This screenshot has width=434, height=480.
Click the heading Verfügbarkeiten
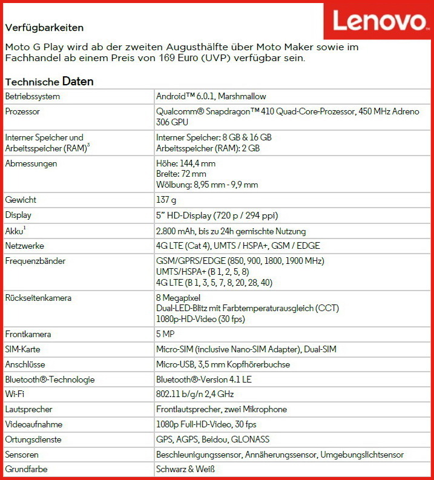point(44,28)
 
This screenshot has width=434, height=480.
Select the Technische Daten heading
point(49,81)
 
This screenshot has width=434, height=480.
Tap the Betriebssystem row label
point(33,96)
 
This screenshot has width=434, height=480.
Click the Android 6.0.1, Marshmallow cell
point(211,96)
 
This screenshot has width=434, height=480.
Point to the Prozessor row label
point(24,111)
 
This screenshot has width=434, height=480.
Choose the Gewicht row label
point(22,200)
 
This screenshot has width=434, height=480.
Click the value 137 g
point(166,200)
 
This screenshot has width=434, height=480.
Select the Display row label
point(18,215)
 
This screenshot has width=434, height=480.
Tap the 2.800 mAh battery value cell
point(231,231)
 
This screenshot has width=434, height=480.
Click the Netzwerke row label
point(25,246)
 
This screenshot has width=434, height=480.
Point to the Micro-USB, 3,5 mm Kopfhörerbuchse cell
point(223,364)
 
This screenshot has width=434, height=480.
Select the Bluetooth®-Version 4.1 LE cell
point(204,380)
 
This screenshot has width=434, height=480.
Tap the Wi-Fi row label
point(15,394)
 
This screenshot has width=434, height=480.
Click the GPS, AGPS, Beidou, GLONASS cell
point(212,439)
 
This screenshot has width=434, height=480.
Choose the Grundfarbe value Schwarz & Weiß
point(185,469)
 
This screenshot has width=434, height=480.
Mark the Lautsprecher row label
point(30,409)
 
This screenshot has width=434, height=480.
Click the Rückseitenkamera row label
point(38,297)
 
